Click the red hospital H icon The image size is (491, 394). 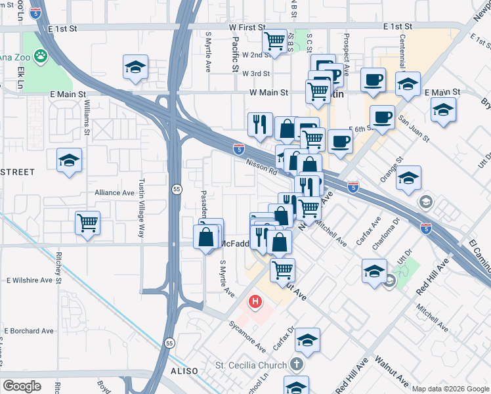pos(255,303)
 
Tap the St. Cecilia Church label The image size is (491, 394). pos(251,365)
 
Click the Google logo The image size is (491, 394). pos(22,385)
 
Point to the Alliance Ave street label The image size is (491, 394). pos(114,192)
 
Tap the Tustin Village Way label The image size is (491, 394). pos(141,209)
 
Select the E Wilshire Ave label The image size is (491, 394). pos(29,280)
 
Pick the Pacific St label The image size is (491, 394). pos(234,53)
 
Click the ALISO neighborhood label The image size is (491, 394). pos(184,371)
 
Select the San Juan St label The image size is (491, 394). pos(414,129)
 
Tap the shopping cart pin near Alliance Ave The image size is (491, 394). pos(87,223)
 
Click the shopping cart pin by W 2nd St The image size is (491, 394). pos(274,41)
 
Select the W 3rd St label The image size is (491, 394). pos(256,74)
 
